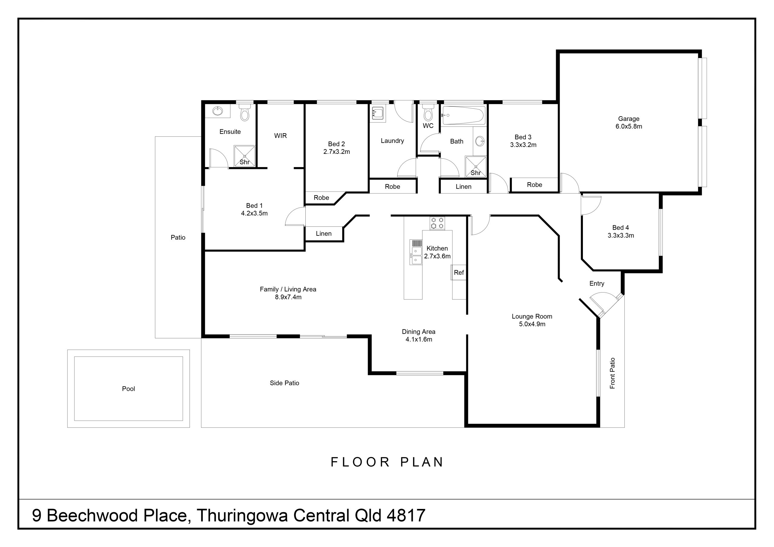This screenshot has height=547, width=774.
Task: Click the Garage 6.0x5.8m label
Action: point(628,123)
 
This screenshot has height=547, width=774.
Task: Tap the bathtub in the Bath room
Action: point(463,115)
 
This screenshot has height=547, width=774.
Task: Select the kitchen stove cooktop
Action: point(437,223)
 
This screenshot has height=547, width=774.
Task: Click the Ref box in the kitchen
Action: point(458,272)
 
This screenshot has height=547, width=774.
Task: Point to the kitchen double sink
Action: point(416,255)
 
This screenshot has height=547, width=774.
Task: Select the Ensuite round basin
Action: point(218,111)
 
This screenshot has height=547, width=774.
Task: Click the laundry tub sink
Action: point(378,113)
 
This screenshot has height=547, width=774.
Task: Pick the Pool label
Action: point(128,389)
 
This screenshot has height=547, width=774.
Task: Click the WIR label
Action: point(280,135)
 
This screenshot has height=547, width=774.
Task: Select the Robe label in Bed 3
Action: point(534,185)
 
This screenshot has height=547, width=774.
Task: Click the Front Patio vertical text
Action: point(612,373)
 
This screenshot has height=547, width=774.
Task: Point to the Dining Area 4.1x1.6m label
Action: point(418,335)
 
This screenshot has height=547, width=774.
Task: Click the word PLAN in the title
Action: point(422,462)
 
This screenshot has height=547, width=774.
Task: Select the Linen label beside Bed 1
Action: point(324,234)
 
